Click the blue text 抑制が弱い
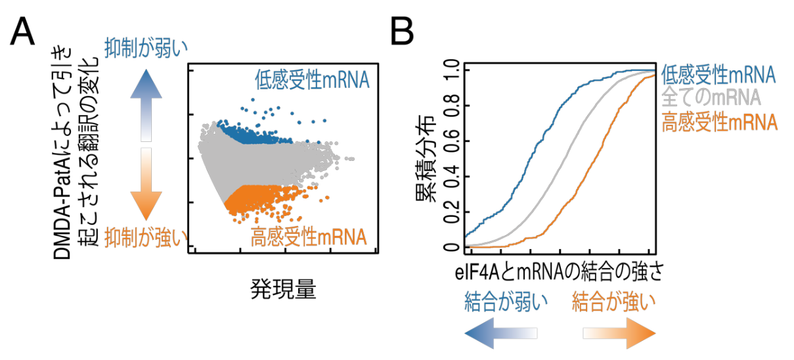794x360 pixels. point(146,47)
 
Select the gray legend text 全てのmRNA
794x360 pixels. point(711,97)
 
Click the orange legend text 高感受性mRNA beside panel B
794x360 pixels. point(719,122)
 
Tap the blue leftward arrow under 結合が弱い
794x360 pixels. point(501,332)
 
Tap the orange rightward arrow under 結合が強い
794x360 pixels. point(619,332)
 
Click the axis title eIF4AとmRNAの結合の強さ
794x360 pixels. point(558,274)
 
